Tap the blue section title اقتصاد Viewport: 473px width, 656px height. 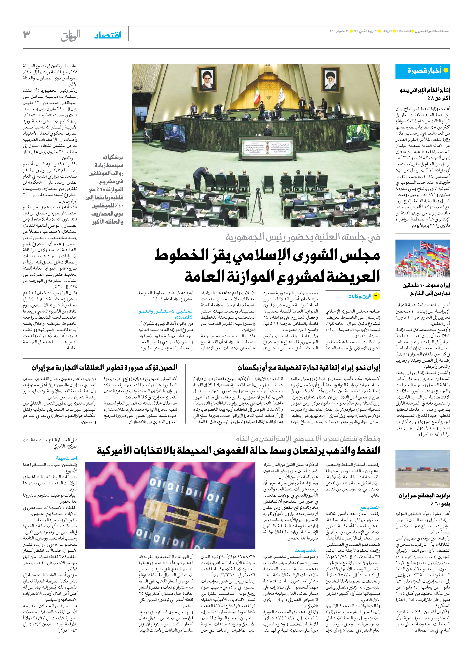[x=108, y=36]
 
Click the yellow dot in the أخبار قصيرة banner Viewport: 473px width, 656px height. [x=446, y=70]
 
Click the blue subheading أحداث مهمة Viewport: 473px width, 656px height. [x=67, y=458]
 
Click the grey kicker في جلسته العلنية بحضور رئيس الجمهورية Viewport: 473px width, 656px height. [x=303, y=237]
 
